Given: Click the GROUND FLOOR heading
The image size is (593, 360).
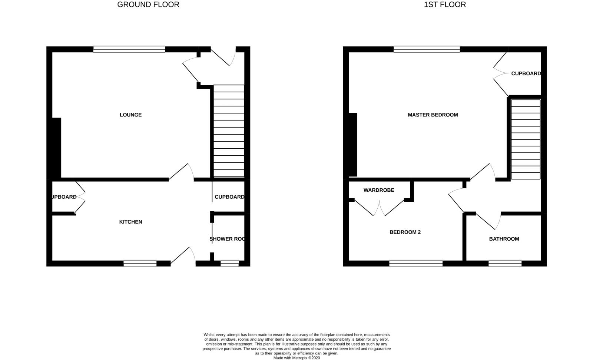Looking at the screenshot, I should point(148,5).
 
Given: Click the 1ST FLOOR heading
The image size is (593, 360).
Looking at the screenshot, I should point(445,5).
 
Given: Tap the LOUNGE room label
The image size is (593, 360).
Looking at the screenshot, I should point(130,115).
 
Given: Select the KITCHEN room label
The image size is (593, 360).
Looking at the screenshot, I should point(130,222).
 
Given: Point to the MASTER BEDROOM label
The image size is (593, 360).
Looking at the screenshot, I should point(433,115).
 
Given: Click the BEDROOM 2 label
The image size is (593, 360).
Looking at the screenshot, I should point(405,232).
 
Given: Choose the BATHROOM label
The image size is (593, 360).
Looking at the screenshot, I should point(504,239).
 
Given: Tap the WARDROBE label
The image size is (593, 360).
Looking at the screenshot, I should point(379,190).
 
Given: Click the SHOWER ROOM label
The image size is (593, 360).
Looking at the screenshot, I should point(227,239).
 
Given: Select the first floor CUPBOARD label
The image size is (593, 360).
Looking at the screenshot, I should point(526,74).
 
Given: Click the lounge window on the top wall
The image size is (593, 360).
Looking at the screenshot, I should point(129,49).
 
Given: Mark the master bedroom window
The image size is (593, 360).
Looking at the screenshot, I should point(427,49).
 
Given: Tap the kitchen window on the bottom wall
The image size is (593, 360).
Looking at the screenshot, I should point(140,264).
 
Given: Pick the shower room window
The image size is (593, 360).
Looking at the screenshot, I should point(229,264).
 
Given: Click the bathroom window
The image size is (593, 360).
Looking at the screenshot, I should point(505,264).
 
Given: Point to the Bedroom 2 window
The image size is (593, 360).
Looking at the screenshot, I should point(415,264).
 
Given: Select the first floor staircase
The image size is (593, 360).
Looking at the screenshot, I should point(526,139).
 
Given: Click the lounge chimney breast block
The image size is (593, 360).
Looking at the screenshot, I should point(56,148).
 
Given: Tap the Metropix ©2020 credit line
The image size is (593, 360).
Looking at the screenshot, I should point(296,358).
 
